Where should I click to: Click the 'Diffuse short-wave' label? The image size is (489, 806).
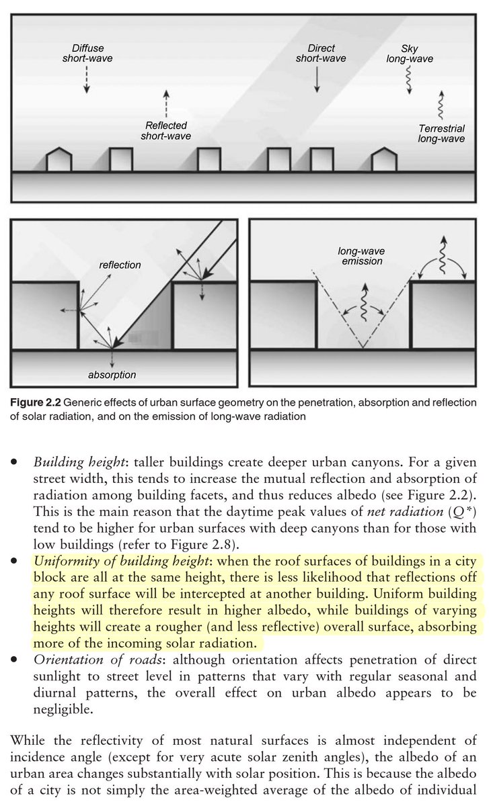(x=83, y=54)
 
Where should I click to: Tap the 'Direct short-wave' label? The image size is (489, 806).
(x=321, y=54)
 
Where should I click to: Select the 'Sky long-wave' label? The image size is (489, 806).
(x=410, y=54)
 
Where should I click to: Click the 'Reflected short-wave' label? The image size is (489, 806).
(x=165, y=131)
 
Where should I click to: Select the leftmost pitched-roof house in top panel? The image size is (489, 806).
(x=59, y=159)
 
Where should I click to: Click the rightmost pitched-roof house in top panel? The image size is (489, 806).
(x=385, y=159)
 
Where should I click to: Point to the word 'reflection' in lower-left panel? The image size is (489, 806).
(x=120, y=265)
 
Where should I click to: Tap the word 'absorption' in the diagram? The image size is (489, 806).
(x=111, y=374)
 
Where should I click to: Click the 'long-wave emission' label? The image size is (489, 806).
(x=361, y=257)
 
